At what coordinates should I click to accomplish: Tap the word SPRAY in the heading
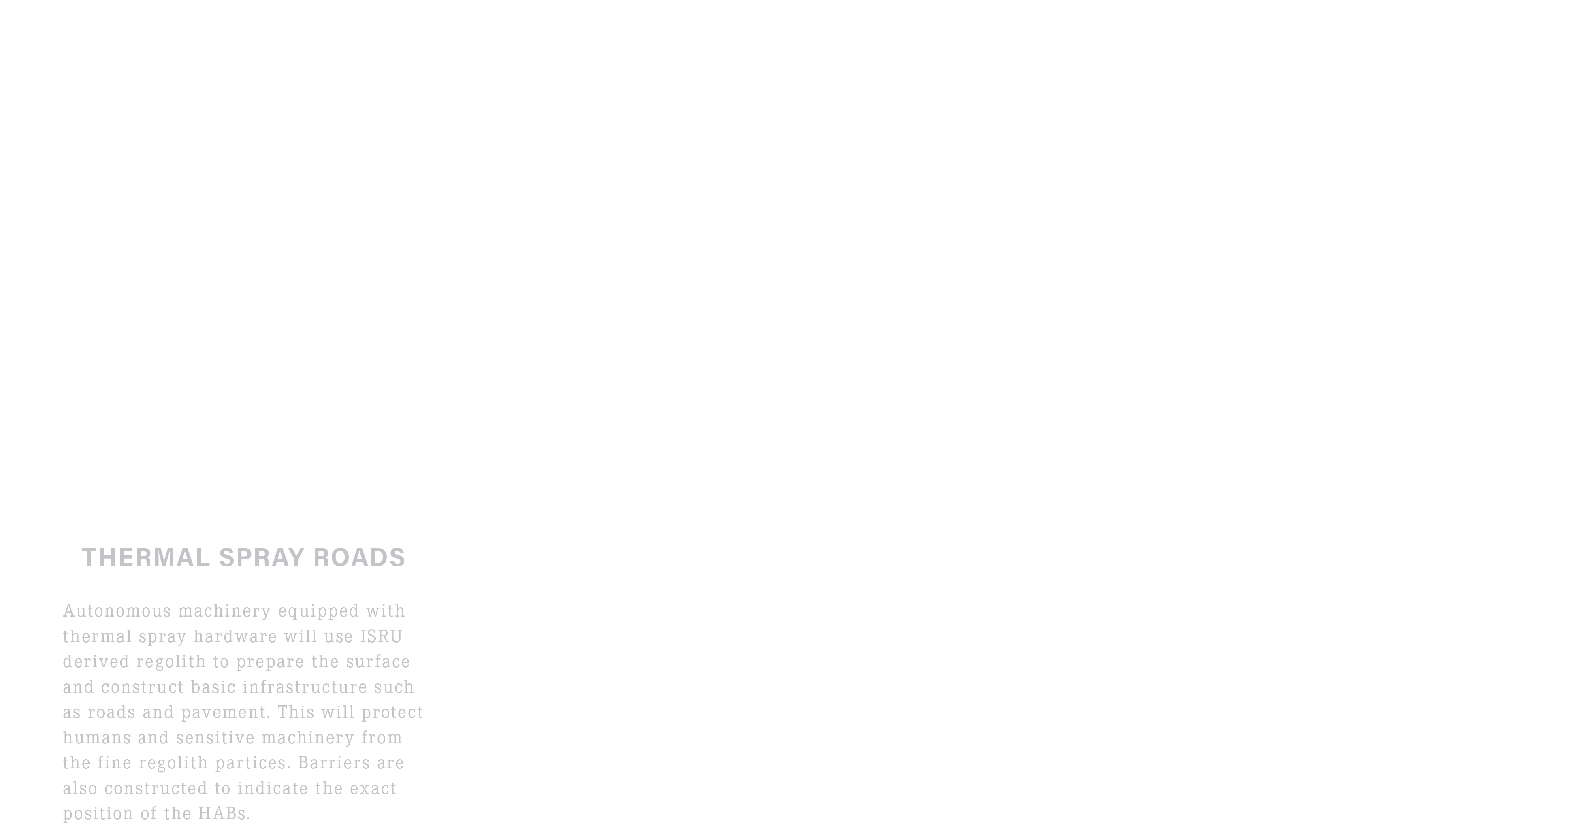262,557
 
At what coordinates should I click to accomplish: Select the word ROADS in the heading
359,557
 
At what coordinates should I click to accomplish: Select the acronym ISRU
381,636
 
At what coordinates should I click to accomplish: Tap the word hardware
235,636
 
